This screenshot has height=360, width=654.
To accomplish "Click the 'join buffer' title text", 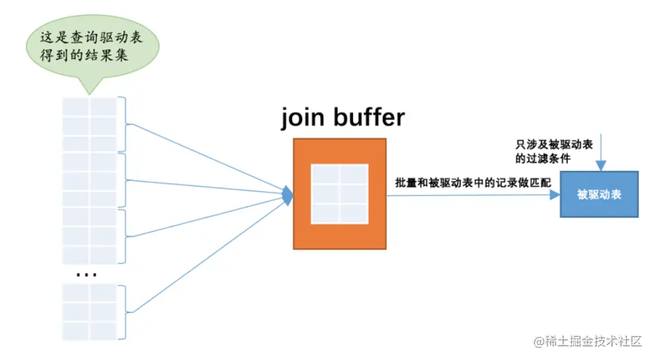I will [x=343, y=117].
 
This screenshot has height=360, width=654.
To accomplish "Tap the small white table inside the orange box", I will [x=340, y=194].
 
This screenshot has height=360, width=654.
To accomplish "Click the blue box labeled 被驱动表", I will [x=599, y=195].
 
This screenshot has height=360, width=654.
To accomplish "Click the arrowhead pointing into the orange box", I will [x=288, y=195].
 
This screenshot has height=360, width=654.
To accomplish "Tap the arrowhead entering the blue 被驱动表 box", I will [x=555, y=195].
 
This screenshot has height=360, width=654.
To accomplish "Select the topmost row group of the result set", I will [x=90, y=125].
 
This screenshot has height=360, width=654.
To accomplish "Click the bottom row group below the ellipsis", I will [x=90, y=312].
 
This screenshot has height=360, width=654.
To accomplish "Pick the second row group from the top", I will [x=90, y=180].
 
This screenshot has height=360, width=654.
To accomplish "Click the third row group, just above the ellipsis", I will [x=90, y=237].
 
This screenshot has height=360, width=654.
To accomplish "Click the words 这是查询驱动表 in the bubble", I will [x=94, y=37].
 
